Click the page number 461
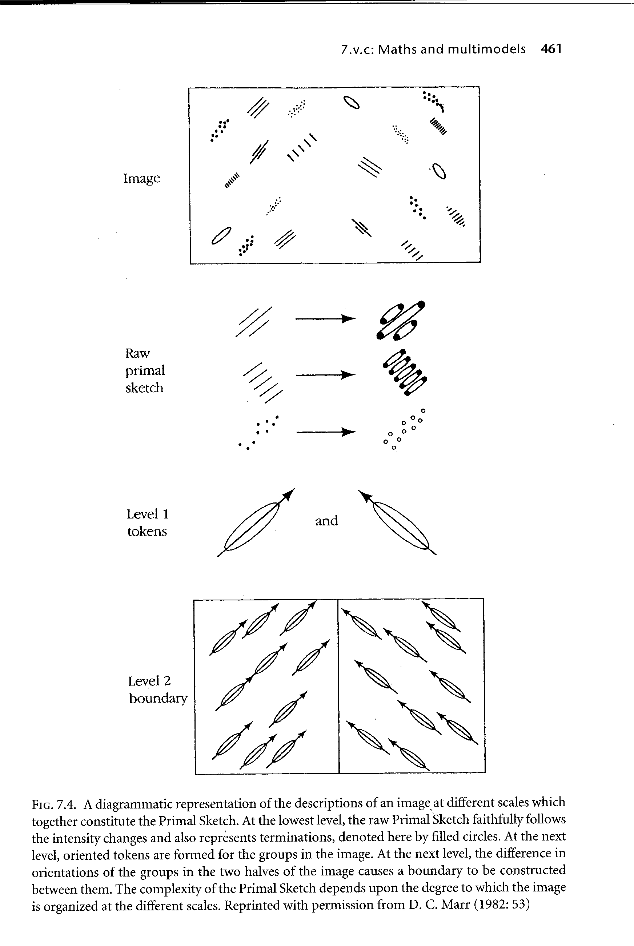coord(551,49)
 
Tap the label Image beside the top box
coord(141,178)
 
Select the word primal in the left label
coord(145,371)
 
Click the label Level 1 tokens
coord(148,522)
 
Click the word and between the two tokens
coord(326,521)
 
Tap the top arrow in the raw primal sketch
coord(325,319)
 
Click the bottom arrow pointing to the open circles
coord(325,432)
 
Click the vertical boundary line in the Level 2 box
coord(338,685)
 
